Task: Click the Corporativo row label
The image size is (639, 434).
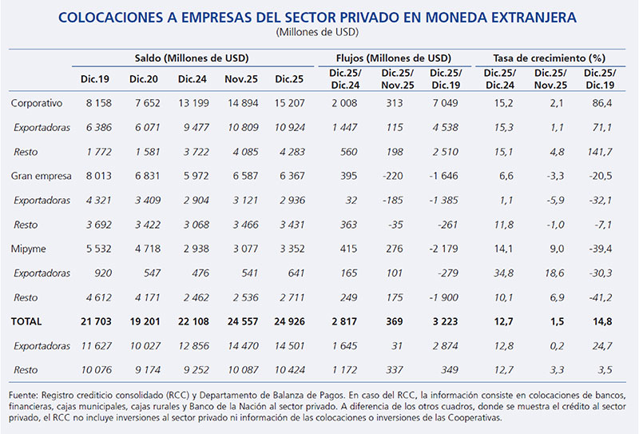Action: coord(37,103)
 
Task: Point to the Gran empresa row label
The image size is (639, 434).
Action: coord(40,175)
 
